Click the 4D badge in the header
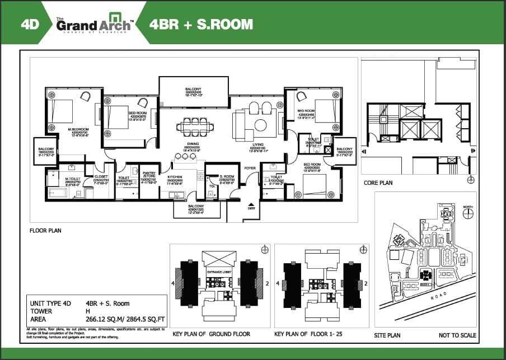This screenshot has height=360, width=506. coord(29,24)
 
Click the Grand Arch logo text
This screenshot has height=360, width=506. coord(92,26)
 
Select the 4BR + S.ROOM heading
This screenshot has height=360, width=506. coord(201,24)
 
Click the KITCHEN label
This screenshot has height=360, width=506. coord(175,176)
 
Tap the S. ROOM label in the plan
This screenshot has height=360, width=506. coord(218,176)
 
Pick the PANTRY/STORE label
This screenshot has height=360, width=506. coord(148,175)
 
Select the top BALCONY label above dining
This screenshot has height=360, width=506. coord(193,89)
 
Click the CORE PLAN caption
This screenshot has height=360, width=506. coord(378,183)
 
